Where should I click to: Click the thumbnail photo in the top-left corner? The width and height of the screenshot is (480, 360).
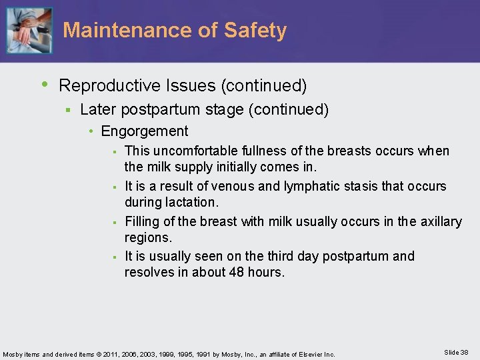tap(28, 31)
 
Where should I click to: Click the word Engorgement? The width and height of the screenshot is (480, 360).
tap(145, 131)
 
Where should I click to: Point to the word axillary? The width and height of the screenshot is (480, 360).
tap(438, 221)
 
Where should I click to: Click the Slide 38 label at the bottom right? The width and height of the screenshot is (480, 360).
tap(455, 352)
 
